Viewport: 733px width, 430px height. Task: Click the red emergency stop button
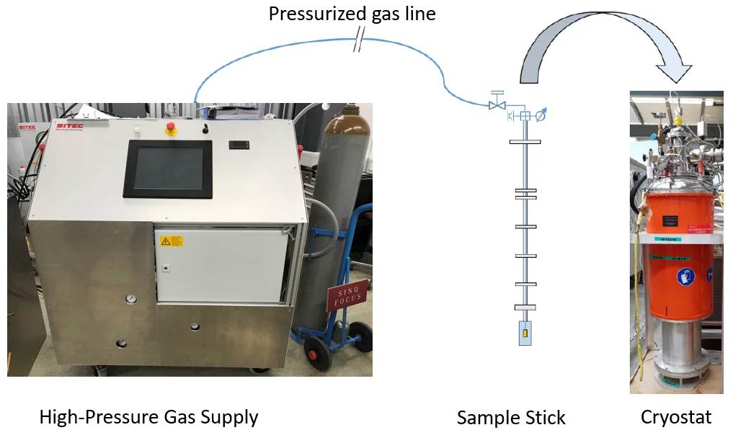(172, 129)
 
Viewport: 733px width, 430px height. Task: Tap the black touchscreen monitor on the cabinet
(168, 169)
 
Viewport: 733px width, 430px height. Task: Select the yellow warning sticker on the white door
(172, 241)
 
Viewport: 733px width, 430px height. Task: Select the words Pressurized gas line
(352, 14)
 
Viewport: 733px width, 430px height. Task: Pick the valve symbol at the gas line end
(497, 105)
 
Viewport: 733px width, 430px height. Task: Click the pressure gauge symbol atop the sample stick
(541, 115)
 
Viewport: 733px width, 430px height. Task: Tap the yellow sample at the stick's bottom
(525, 334)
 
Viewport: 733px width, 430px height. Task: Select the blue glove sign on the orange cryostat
(684, 277)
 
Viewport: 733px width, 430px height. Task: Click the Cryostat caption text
(675, 416)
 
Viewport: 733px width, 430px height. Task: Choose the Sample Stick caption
(510, 417)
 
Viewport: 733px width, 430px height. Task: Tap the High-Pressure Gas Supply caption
(148, 416)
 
